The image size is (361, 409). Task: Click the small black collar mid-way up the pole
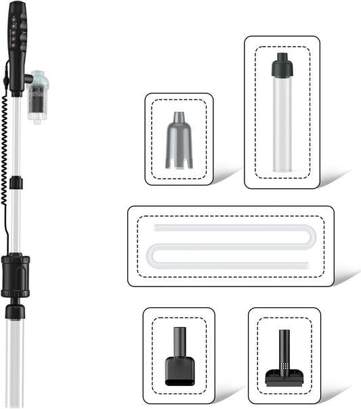[x=17, y=183]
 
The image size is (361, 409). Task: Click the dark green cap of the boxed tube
[x=281, y=66]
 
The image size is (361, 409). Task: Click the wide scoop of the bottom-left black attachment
[x=179, y=370]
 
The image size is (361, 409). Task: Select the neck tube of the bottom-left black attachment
[x=179, y=341]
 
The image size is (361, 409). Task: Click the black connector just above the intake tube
[x=15, y=311]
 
